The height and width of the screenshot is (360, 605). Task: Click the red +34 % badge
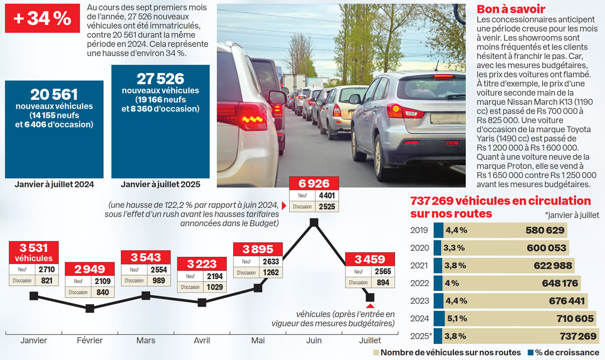click(43, 19)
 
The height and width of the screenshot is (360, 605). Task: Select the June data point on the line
click(313, 222)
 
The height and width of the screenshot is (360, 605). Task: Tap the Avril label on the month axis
click(202, 340)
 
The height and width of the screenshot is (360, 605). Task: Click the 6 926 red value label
click(313, 183)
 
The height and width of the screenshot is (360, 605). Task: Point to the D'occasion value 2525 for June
click(327, 206)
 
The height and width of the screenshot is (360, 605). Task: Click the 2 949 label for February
click(90, 269)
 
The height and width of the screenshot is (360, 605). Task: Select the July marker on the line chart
click(370, 297)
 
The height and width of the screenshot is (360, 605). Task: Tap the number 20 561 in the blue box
click(54, 94)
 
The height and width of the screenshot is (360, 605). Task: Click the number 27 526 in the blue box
click(160, 78)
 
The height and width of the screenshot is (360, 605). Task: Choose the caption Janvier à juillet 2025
click(160, 184)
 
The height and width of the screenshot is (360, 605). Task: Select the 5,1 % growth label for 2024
click(458, 318)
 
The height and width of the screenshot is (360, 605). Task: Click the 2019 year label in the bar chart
click(419, 231)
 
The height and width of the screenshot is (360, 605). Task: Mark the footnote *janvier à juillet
click(571, 215)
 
